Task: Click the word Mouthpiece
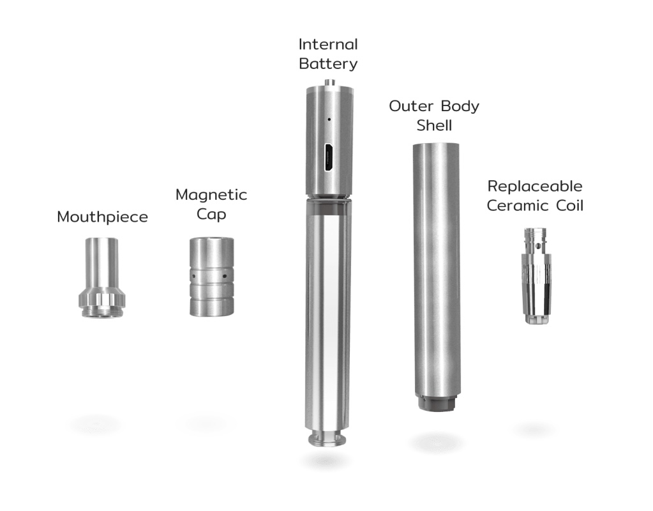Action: pyautogui.click(x=102, y=217)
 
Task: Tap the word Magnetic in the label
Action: pyautogui.click(x=211, y=195)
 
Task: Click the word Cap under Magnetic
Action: pyautogui.click(x=211, y=215)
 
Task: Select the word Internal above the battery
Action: pyautogui.click(x=328, y=44)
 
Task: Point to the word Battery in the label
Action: pyautogui.click(x=328, y=64)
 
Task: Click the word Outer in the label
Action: pyautogui.click(x=411, y=106)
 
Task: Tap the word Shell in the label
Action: pyautogui.click(x=434, y=125)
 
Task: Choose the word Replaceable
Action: pyautogui.click(x=535, y=187)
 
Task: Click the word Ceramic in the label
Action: pyautogui.click(x=518, y=206)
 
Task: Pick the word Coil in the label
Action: pyautogui.click(x=569, y=206)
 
